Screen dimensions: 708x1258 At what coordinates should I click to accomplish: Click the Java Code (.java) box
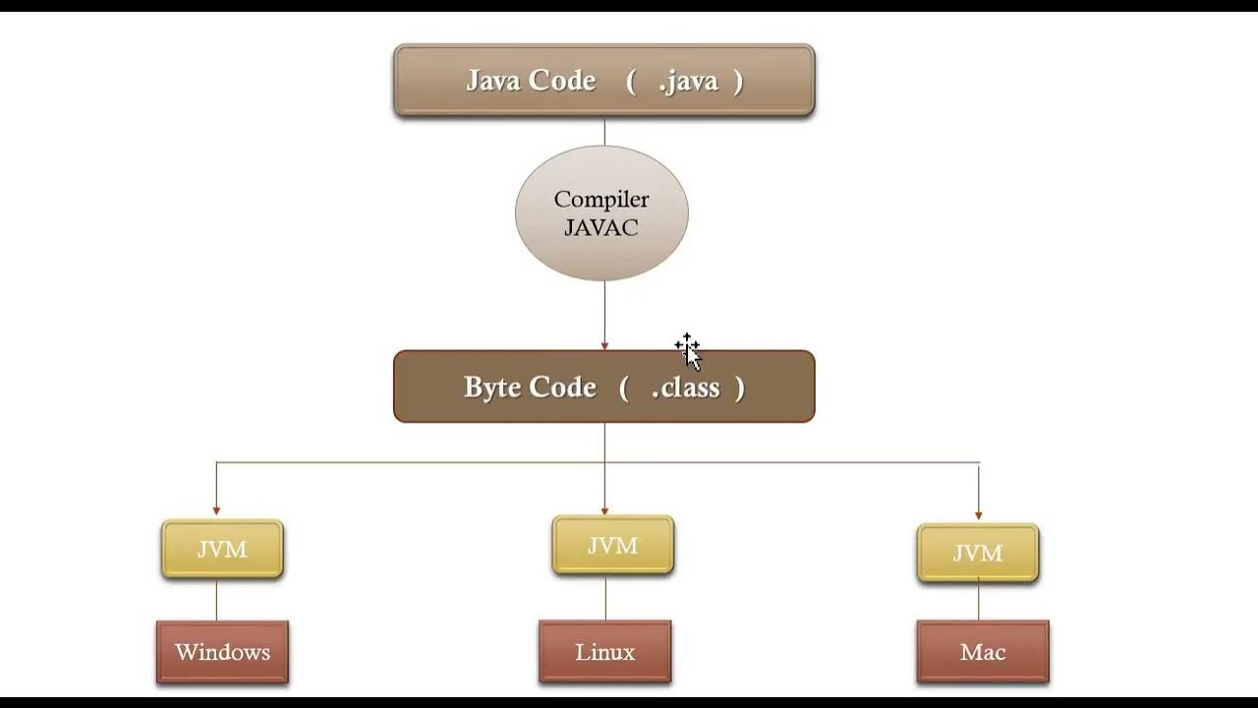pyautogui.click(x=603, y=81)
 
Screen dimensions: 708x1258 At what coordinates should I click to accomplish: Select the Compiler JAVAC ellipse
pyautogui.click(x=601, y=213)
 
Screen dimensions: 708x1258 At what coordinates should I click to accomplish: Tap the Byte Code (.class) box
pyautogui.click(x=603, y=386)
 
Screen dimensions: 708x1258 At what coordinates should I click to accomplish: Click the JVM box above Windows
pyautogui.click(x=222, y=549)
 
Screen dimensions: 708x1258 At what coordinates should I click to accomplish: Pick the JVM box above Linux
pyautogui.click(x=612, y=545)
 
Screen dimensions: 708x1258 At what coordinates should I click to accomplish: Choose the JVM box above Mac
pyautogui.click(x=978, y=553)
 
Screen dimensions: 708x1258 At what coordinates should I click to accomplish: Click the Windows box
pyautogui.click(x=222, y=652)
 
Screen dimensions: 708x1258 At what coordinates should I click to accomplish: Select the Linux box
pyautogui.click(x=604, y=652)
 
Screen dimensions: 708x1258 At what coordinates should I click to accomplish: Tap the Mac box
pyautogui.click(x=983, y=652)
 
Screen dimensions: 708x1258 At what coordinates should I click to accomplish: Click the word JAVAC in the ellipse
pyautogui.click(x=600, y=228)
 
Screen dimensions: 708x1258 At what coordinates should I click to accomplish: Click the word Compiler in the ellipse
pyautogui.click(x=601, y=200)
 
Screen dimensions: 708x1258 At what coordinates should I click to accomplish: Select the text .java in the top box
pyautogui.click(x=690, y=81)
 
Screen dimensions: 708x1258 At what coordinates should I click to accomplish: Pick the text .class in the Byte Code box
pyautogui.click(x=686, y=387)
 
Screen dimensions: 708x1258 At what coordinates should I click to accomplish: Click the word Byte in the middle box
pyautogui.click(x=491, y=387)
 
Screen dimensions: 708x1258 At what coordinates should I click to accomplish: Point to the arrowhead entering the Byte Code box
pyautogui.click(x=604, y=345)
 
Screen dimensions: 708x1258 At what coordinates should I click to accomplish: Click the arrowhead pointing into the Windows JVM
pyautogui.click(x=216, y=511)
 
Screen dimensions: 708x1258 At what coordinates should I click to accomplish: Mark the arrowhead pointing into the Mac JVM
pyautogui.click(x=979, y=515)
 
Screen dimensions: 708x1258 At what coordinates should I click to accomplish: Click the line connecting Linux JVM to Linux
pyautogui.click(x=605, y=598)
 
